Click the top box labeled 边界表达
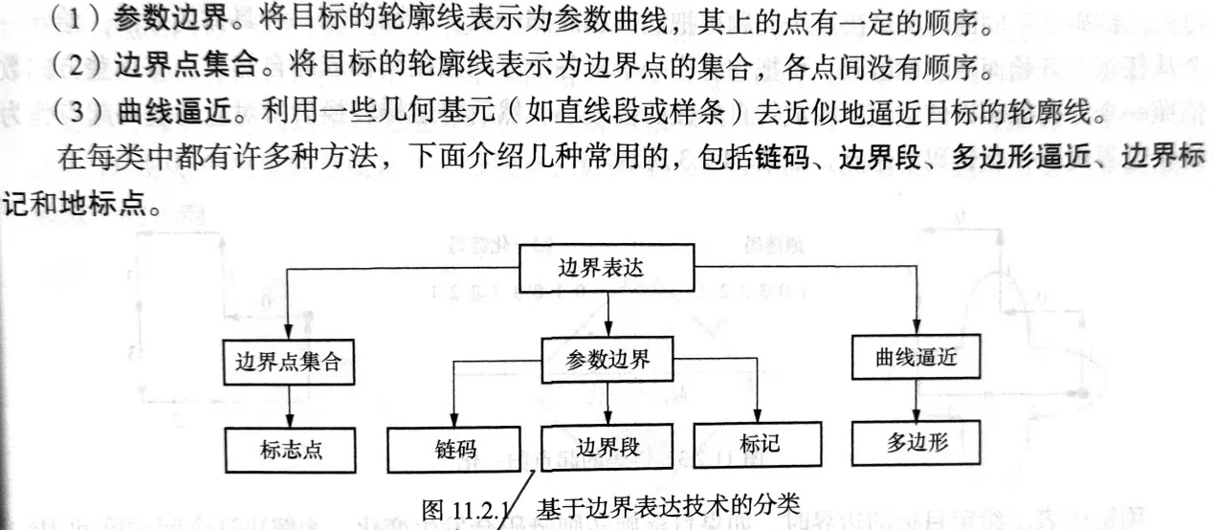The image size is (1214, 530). [x=601, y=268]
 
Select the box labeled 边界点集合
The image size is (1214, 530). [x=288, y=363]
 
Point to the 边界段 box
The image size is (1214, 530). [x=607, y=446]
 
